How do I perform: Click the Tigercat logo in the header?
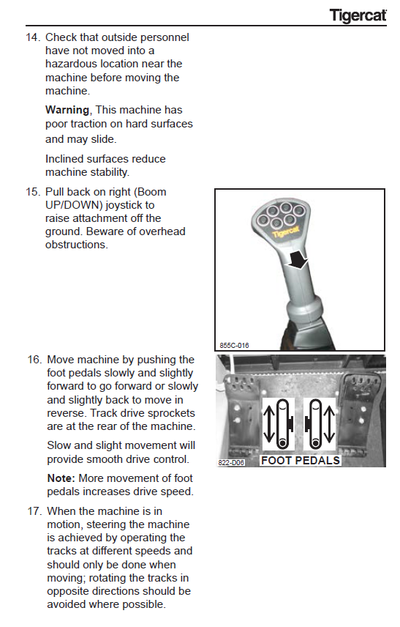tap(358, 15)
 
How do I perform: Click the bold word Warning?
tap(67, 110)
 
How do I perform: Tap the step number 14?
tap(33, 37)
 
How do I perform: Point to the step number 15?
tap(33, 192)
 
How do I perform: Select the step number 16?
tap(34, 360)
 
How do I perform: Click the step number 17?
tap(34, 511)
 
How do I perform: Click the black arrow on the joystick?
tap(298, 260)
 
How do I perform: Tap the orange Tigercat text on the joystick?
tap(286, 231)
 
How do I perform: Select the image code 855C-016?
tap(234, 345)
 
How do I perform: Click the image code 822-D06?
tap(231, 463)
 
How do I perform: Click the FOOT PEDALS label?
tap(301, 461)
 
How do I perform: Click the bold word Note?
tap(61, 478)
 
